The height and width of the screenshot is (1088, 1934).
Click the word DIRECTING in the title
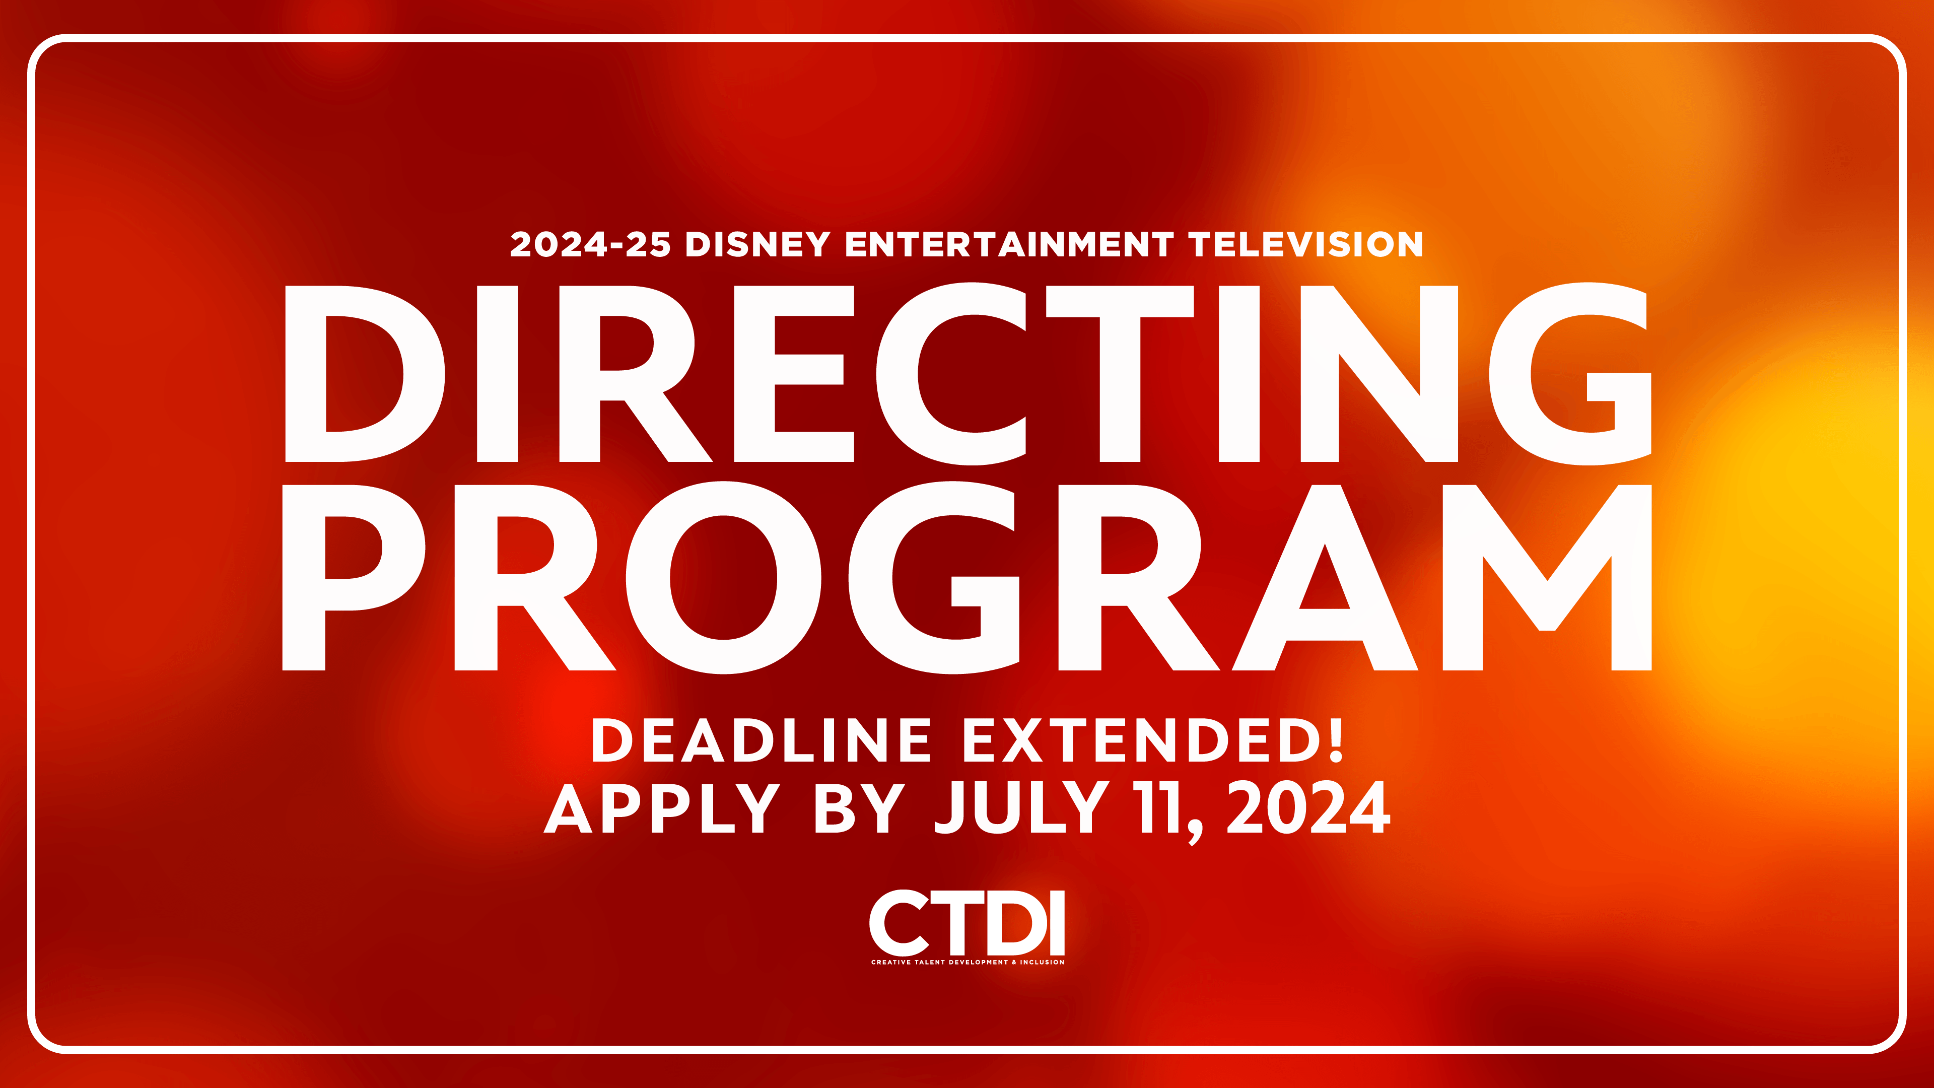click(x=967, y=374)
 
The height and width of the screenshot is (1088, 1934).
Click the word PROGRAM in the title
click(x=967, y=577)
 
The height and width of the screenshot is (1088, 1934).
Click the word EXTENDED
click(x=1141, y=740)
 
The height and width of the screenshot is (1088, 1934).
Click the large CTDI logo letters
click(x=967, y=923)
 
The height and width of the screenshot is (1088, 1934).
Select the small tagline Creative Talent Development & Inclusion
click(x=967, y=962)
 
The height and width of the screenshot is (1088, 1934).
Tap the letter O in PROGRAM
click(x=723, y=577)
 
